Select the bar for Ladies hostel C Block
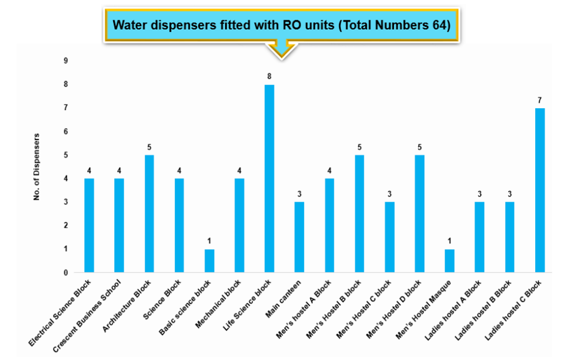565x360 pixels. (540, 190)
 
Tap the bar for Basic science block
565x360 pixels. (209, 261)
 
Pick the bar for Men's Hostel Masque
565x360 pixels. (450, 261)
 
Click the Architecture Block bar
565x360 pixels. (149, 214)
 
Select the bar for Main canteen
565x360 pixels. (299, 237)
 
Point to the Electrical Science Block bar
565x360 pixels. (89, 225)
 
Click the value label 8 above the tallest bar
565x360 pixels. (269, 76)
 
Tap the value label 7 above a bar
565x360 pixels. (540, 100)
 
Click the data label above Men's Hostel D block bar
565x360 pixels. (419, 147)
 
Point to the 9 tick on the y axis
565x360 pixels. (65, 61)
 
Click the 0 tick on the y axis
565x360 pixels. (65, 272)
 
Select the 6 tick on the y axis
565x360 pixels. (65, 131)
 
